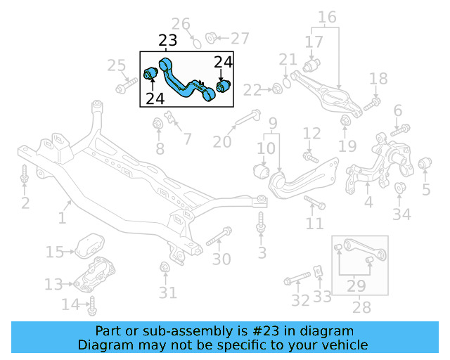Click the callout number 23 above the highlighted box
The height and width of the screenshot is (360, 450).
pyautogui.click(x=167, y=41)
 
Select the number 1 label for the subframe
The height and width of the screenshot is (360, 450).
pyautogui.click(x=62, y=219)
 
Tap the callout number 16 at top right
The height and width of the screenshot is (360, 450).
pyautogui.click(x=327, y=17)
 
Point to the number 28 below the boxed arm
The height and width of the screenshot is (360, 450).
pyautogui.click(x=361, y=307)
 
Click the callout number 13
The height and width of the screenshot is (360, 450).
pyautogui.click(x=53, y=284)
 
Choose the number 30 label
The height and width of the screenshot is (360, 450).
pyautogui.click(x=221, y=259)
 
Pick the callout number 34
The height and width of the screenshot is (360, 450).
pyautogui.click(x=401, y=214)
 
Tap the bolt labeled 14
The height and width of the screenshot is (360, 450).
pyautogui.click(x=91, y=305)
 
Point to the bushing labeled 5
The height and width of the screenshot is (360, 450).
pyautogui.click(x=424, y=165)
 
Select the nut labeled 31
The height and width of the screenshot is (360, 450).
pyautogui.click(x=165, y=268)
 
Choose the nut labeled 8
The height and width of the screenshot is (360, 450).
pyautogui.click(x=159, y=125)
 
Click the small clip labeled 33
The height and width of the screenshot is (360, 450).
pyautogui.click(x=319, y=271)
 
